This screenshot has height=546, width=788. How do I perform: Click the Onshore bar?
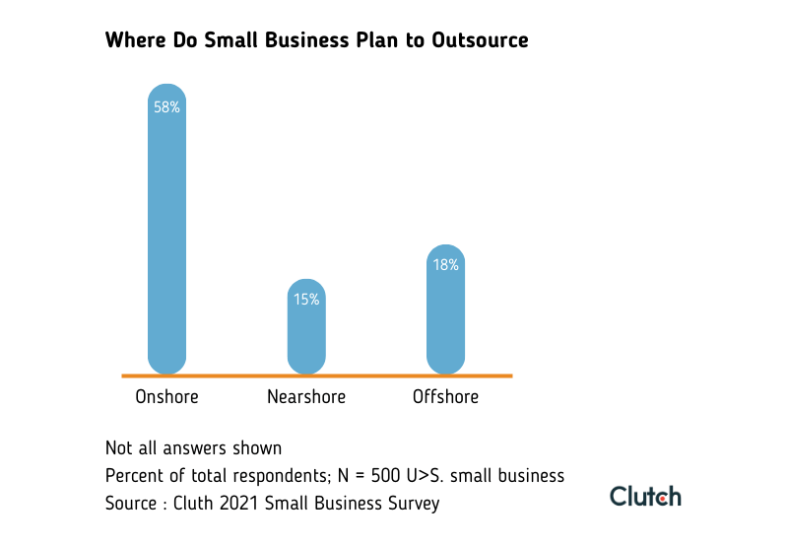coord(166,237)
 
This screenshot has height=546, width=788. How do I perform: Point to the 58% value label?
coord(166,106)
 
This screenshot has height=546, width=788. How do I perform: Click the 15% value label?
coord(306,300)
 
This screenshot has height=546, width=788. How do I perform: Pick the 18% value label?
coord(445,265)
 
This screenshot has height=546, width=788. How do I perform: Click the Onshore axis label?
coord(166,397)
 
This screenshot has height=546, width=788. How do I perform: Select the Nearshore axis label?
coord(306,397)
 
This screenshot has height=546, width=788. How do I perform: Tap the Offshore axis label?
coord(445,397)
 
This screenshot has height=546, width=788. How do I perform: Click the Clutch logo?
coord(645,496)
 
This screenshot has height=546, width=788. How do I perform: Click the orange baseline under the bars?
coord(316,375)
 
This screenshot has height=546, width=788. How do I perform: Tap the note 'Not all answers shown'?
coord(193,448)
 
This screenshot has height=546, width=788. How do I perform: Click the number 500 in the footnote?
coord(390,476)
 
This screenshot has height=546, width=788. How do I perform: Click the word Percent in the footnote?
coord(133,476)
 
